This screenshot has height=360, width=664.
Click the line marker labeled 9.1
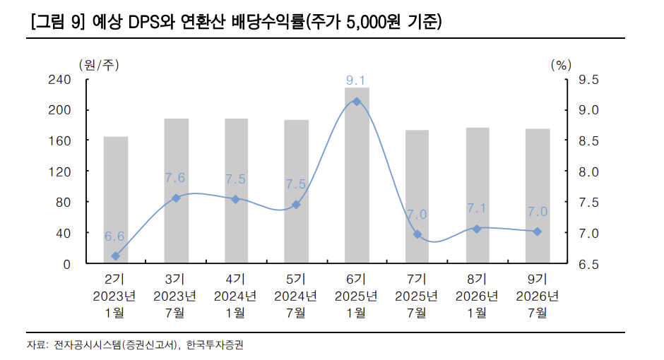[x=357, y=102]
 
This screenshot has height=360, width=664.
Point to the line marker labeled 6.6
[x=116, y=256]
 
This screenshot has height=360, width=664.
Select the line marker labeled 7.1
[x=477, y=229]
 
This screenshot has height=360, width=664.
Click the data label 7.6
[x=175, y=178]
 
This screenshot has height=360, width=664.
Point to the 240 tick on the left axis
[x=59, y=80]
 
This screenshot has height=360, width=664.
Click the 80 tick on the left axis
[x=62, y=203]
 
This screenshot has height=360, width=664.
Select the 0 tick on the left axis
[x=66, y=264]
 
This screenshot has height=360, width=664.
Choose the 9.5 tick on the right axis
[x=588, y=80]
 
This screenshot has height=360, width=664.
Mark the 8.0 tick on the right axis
[x=588, y=172]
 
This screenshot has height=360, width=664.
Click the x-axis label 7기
[x=417, y=279]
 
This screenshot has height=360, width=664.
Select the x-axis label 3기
[x=175, y=279]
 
